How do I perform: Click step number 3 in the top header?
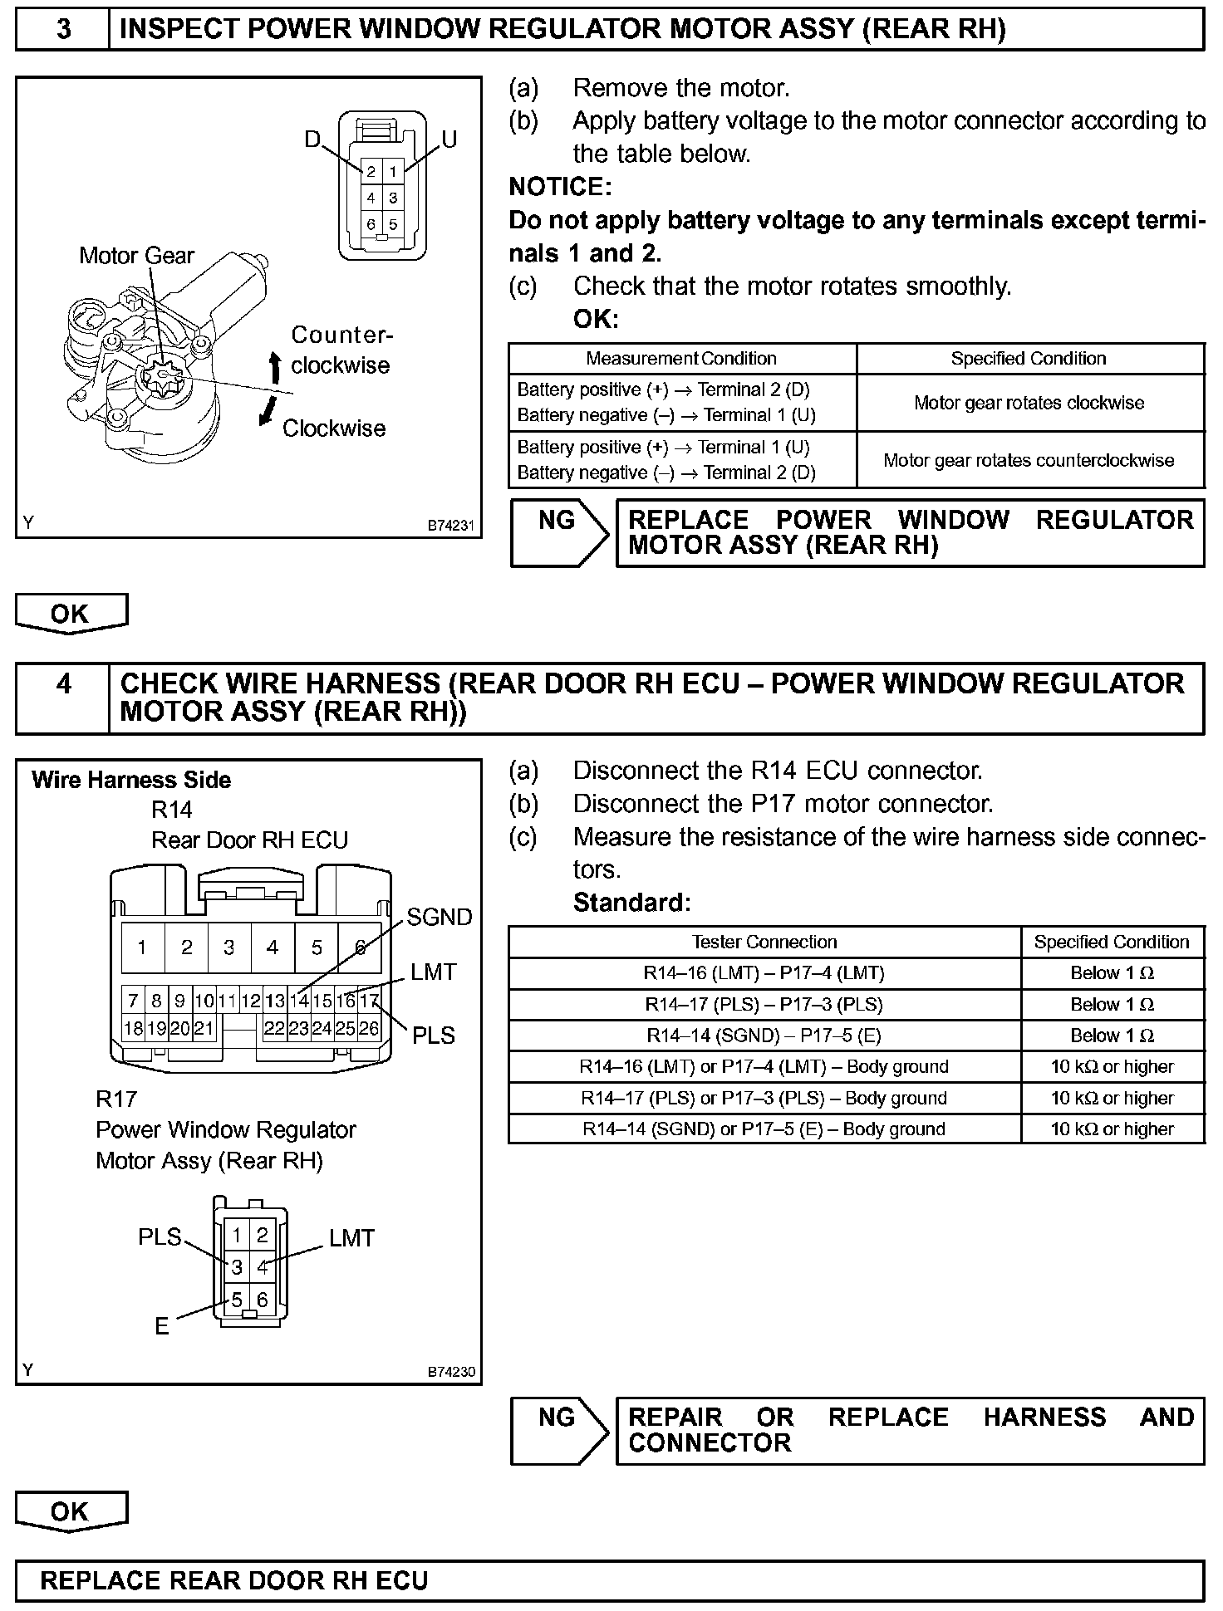click(63, 30)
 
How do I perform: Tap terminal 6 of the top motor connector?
click(371, 224)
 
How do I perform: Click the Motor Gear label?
click(136, 256)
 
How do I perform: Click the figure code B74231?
click(451, 526)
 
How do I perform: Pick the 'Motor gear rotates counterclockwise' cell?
click(1029, 460)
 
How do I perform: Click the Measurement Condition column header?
click(681, 359)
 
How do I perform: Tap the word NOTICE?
click(560, 187)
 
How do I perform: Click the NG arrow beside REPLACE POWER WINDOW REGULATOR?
click(558, 533)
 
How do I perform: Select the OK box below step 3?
click(71, 614)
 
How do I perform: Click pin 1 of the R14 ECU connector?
click(142, 948)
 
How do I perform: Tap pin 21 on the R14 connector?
click(204, 1029)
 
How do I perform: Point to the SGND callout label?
click(440, 917)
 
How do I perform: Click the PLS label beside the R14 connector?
click(434, 1036)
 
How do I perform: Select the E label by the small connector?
click(162, 1326)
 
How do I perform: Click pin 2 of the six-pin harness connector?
click(263, 1235)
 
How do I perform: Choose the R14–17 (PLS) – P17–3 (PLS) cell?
click(764, 1005)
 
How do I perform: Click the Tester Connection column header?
click(764, 943)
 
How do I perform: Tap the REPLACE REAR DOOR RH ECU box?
click(610, 1580)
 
